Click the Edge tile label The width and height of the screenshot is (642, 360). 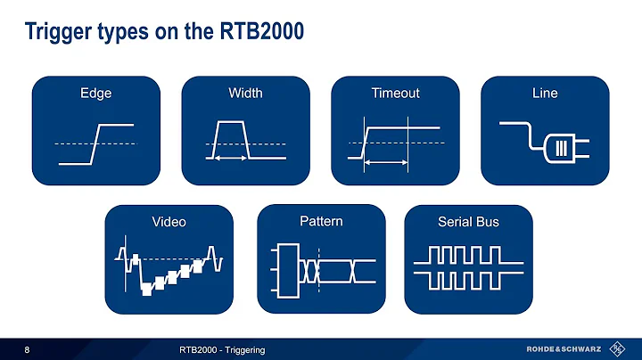click(95, 93)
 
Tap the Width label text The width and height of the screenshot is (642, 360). click(245, 93)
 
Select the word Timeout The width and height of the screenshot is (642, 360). click(395, 93)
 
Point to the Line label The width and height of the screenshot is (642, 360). click(545, 93)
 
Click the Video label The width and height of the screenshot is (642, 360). click(169, 222)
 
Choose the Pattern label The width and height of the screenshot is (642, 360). click(321, 221)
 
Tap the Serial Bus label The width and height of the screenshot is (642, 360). click(468, 222)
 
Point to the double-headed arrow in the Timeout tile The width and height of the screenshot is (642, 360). click(385, 162)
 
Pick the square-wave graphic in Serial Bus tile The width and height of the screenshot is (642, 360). click(468, 270)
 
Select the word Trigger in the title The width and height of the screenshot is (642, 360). click(55, 32)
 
